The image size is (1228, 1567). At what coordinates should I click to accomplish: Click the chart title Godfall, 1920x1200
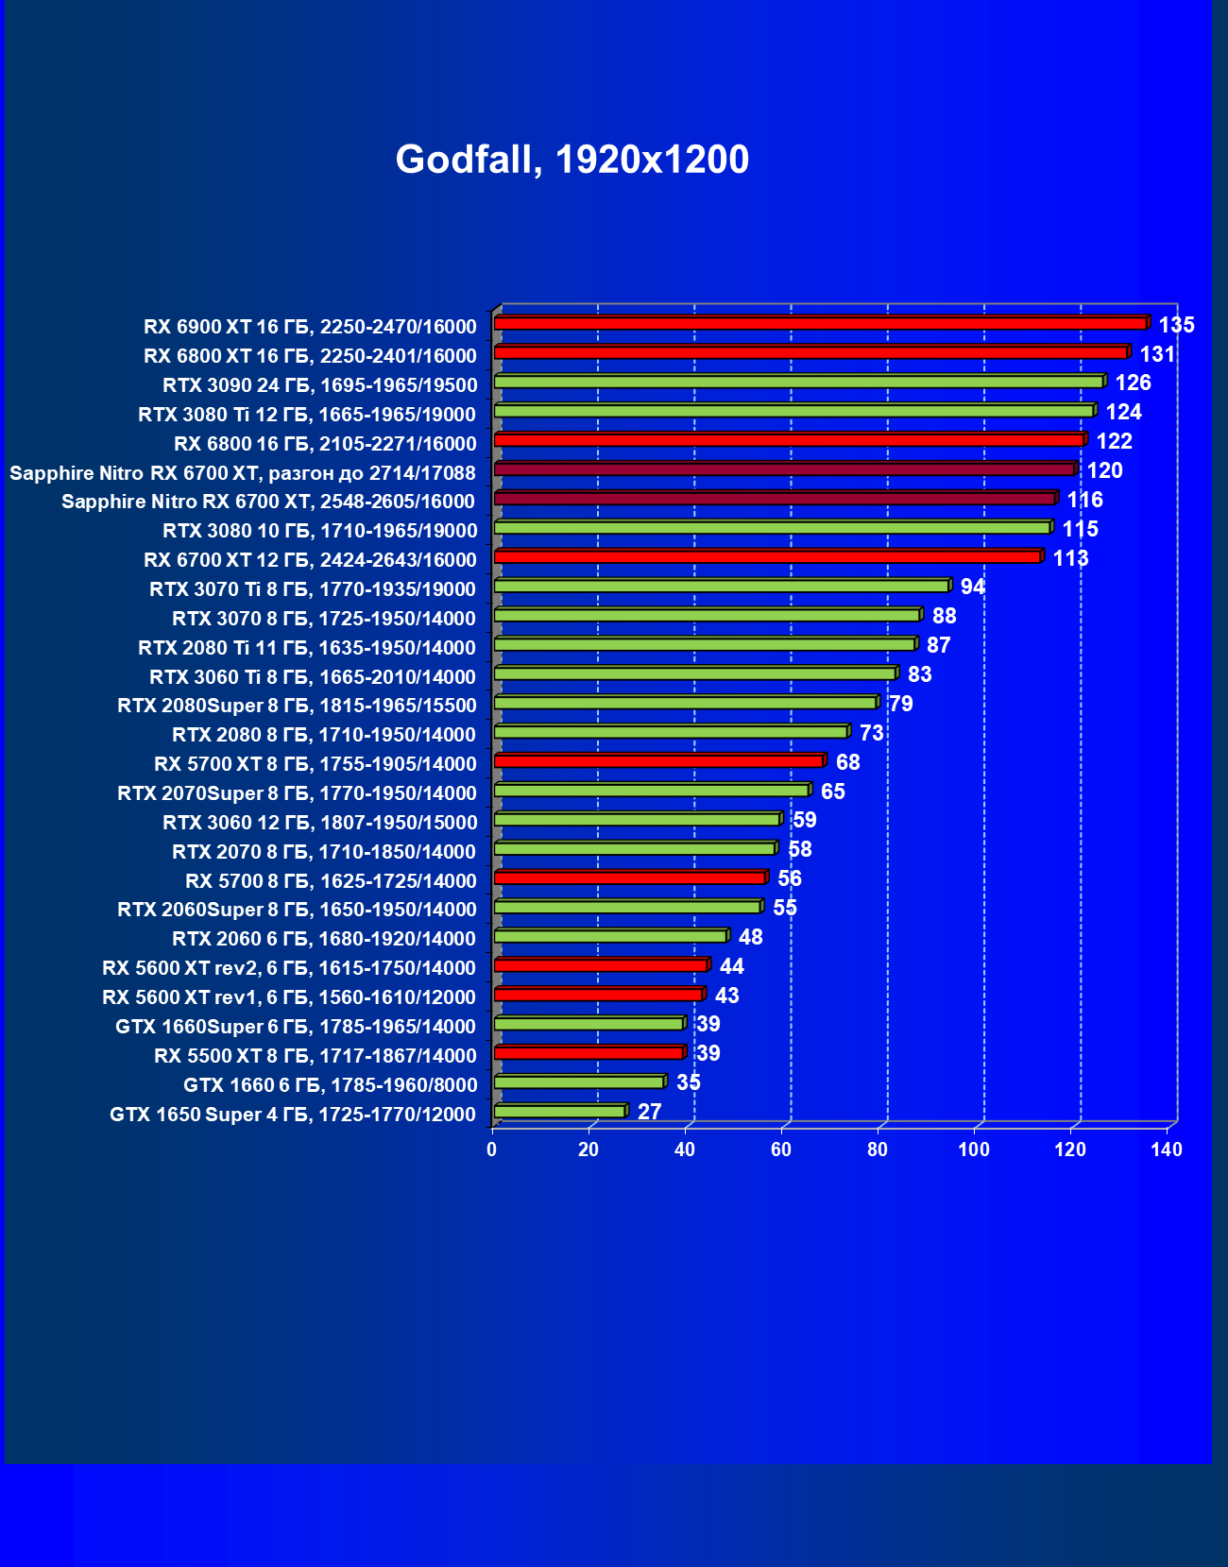coord(571,160)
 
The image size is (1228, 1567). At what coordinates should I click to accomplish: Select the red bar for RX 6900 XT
coord(822,323)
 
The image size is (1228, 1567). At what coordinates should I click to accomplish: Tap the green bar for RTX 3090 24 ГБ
coord(800,382)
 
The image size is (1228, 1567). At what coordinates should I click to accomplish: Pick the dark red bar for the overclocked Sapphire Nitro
coord(786,468)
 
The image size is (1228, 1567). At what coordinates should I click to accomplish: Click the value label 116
coord(1084,500)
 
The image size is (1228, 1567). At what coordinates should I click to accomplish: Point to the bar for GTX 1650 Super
coord(561,1111)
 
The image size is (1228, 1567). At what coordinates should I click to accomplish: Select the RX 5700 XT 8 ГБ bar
coord(660,760)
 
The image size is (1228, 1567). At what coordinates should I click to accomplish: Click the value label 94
coord(973,587)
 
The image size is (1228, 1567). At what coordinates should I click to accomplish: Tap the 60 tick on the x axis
coord(781,1150)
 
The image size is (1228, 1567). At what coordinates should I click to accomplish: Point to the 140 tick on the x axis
coord(1166,1150)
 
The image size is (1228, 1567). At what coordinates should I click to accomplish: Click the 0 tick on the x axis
coord(492,1150)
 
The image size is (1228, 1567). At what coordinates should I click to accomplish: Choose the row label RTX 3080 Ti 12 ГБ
coord(307,415)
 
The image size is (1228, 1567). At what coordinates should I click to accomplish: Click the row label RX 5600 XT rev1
coord(289,997)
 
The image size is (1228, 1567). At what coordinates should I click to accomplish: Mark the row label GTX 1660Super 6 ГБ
coord(296,1026)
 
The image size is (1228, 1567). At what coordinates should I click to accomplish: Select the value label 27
coord(650,1112)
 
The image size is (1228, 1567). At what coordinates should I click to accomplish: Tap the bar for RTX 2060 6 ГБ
coord(612,936)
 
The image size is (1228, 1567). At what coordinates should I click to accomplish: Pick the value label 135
coord(1177,325)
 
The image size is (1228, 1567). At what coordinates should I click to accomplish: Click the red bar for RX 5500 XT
coord(590,1053)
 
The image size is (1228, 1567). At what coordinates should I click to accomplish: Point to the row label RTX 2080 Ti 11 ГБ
coord(306,648)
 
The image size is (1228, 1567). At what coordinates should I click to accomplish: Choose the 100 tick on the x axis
coord(974,1150)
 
